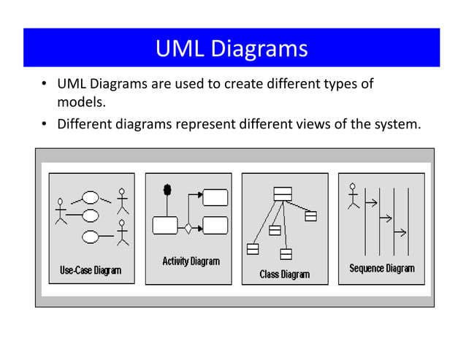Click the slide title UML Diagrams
[x=232, y=50]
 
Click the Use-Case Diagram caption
[x=91, y=271]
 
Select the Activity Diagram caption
[x=190, y=261]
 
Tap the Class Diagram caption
[x=285, y=274]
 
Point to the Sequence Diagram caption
[x=381, y=268]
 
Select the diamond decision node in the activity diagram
[x=188, y=228]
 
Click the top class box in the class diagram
[x=283, y=194]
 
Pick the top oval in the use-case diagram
[x=91, y=197]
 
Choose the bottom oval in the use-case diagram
[x=91, y=236]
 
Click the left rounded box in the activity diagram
[x=165, y=225]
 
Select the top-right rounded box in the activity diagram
[x=215, y=197]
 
